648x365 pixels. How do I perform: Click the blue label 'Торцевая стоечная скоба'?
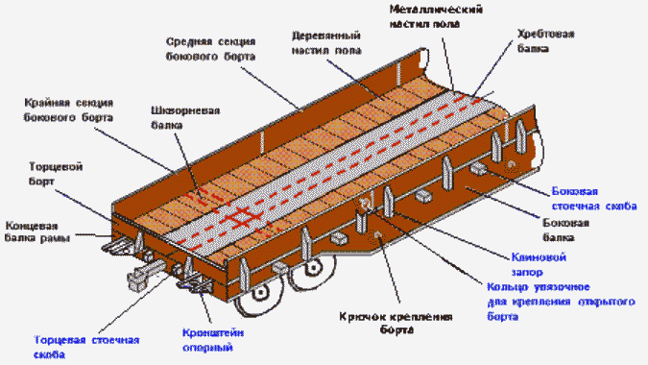click(79, 348)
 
